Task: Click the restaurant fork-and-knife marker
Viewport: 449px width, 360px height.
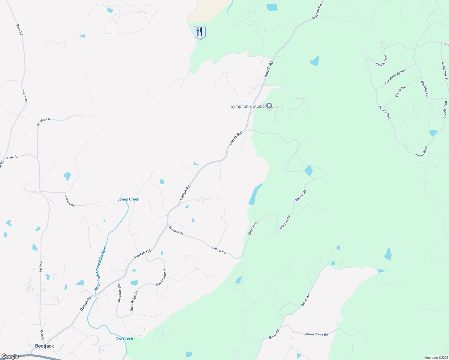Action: pyautogui.click(x=200, y=32)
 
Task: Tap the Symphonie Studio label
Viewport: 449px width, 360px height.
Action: pyautogui.click(x=248, y=106)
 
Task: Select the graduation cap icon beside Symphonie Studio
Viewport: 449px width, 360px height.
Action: pyautogui.click(x=269, y=106)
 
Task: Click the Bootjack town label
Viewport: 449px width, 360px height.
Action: pyautogui.click(x=44, y=346)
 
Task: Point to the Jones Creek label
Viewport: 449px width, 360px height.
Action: pyautogui.click(x=128, y=199)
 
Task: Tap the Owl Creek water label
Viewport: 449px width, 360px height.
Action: pyautogui.click(x=124, y=339)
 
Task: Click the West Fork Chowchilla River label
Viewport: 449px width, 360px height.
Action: pyautogui.click(x=101, y=268)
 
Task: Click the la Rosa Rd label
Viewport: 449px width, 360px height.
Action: pyautogui.click(x=70, y=201)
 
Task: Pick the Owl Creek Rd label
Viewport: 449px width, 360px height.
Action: pyautogui.click(x=119, y=292)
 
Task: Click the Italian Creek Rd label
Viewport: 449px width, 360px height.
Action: pyautogui.click(x=316, y=334)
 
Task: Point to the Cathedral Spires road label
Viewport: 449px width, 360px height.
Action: pyautogui.click(x=395, y=76)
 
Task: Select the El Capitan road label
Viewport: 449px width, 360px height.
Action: pyautogui.click(x=400, y=91)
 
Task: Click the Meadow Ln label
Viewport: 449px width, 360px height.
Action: pyautogui.click(x=425, y=88)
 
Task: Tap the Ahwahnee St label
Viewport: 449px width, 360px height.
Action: pyautogui.click(x=444, y=71)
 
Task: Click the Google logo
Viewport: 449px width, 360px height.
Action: pyautogui.click(x=10, y=356)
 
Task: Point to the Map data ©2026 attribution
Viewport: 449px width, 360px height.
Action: pyautogui.click(x=435, y=358)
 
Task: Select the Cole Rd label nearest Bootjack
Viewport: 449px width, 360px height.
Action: pyautogui.click(x=42, y=335)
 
